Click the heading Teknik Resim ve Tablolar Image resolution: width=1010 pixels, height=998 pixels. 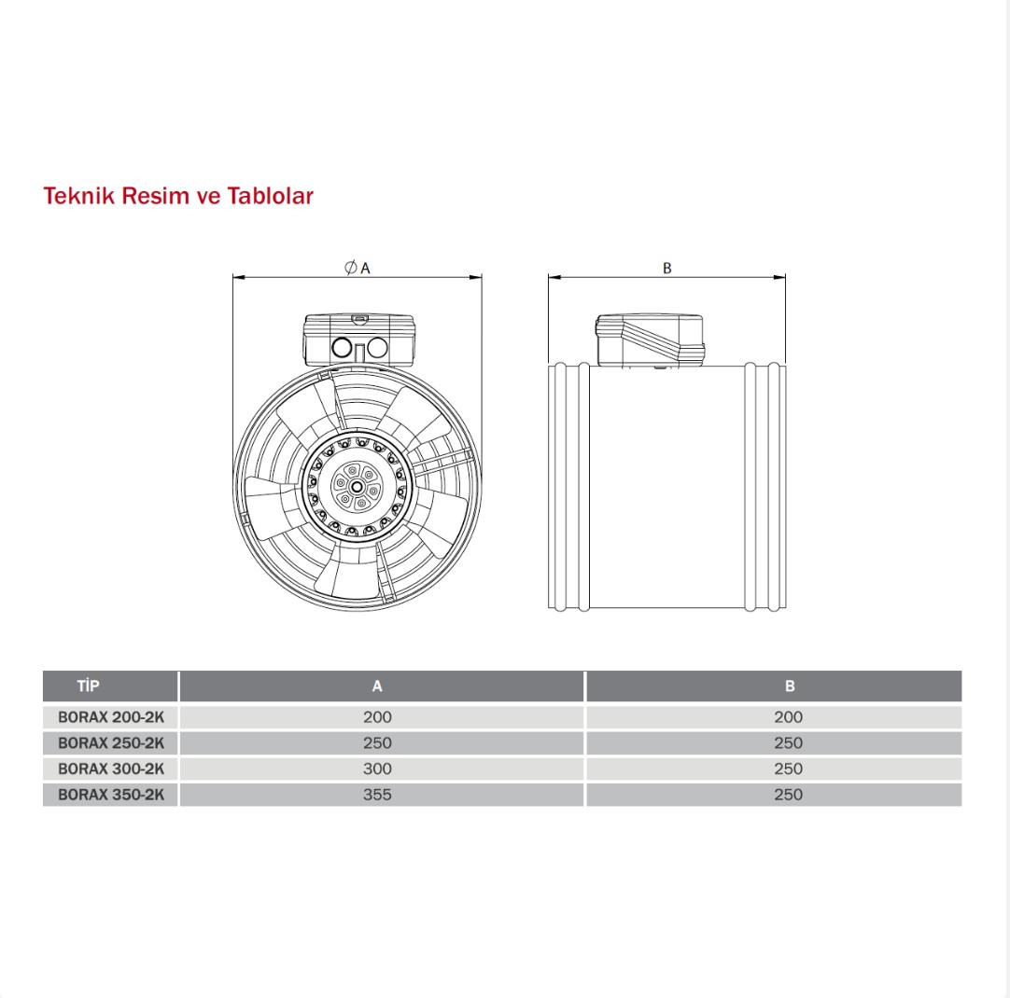pos(178,196)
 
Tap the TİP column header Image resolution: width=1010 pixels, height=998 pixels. pos(89,686)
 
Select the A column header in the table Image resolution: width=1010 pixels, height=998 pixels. pos(377,686)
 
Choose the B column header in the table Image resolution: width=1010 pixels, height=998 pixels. pos(790,686)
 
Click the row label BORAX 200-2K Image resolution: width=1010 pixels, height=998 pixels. pos(111,717)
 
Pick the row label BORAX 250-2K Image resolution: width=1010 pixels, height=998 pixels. pos(111,743)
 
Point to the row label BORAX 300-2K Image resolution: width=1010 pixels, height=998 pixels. pos(111,769)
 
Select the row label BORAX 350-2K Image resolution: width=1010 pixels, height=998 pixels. pos(111,795)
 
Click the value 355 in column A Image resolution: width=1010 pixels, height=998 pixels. pos(377,795)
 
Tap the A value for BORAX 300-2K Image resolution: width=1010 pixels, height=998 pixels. pos(377,769)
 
